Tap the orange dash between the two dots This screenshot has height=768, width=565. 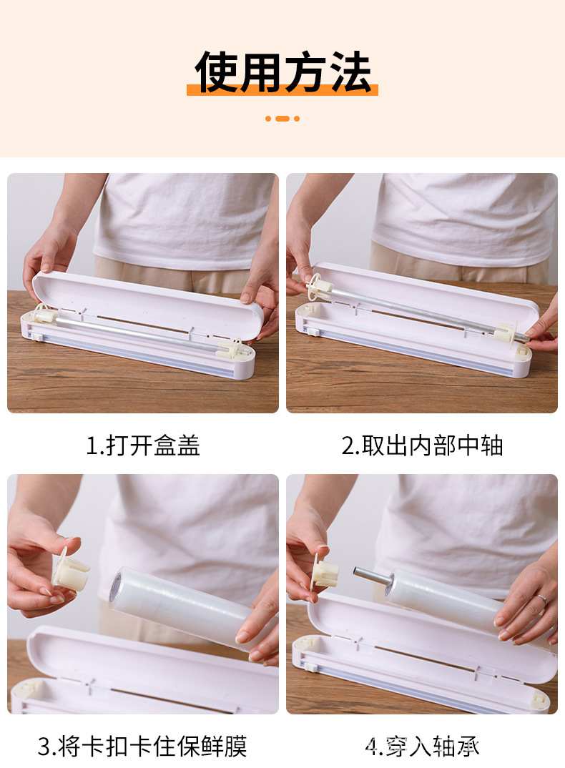[x=282, y=119]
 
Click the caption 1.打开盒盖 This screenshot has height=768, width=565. [x=143, y=445]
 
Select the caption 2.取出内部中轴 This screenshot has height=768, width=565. [x=422, y=445]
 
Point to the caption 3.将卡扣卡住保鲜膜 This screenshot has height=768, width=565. [x=142, y=747]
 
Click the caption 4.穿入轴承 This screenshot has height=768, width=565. [x=422, y=747]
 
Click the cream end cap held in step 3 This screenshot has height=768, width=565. [x=72, y=572]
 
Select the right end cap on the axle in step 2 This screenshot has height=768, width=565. [x=506, y=332]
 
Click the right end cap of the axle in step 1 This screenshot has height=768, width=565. [x=230, y=348]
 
